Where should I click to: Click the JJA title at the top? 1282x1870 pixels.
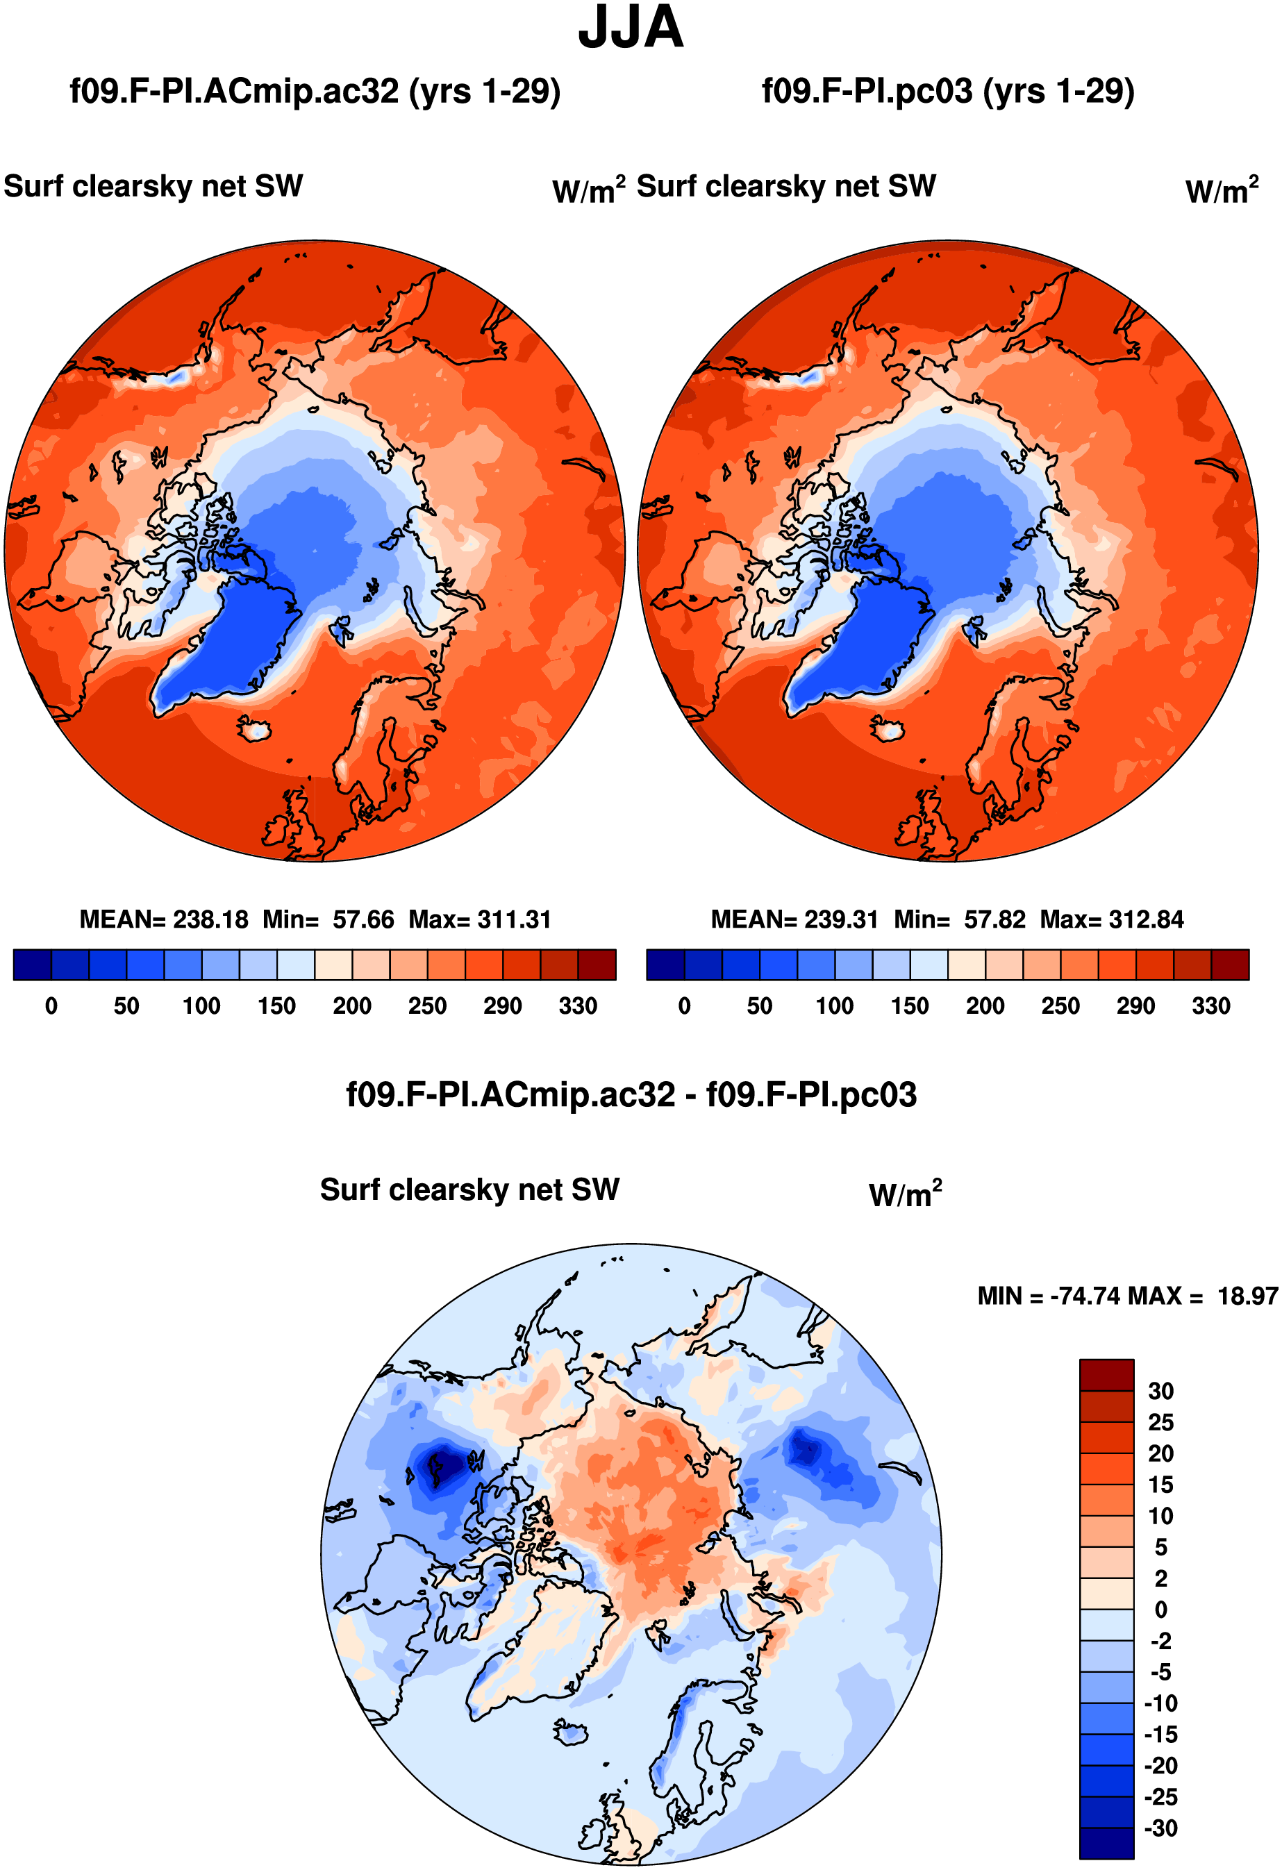pos(631,27)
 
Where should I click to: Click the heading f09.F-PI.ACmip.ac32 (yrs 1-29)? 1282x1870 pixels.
pos(315,91)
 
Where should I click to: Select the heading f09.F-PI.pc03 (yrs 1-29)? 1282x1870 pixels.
pos(948,91)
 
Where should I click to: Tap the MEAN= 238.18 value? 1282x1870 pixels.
pos(164,919)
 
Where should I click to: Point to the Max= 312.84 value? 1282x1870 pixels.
pos(1111,919)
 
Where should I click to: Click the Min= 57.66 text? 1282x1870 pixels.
pos(328,919)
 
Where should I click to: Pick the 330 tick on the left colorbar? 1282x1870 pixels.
pos(578,1005)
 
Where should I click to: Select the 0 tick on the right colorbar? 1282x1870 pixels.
pos(684,1005)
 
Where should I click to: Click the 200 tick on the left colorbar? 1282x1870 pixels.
pos(351,1005)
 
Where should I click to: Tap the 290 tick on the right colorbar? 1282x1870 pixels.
pos(1135,1005)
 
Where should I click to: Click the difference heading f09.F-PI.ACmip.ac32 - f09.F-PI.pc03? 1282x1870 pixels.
pos(631,1095)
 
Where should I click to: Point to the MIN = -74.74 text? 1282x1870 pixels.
pos(1050,1296)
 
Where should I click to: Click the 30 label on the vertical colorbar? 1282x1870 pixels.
pos(1160,1392)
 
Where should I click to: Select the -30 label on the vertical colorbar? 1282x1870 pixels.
pos(1160,1828)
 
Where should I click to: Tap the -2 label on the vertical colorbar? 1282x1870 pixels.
pos(1160,1641)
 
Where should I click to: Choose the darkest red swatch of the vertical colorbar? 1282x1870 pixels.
pos(1106,1375)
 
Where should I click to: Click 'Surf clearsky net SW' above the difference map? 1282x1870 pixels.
pos(469,1189)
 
